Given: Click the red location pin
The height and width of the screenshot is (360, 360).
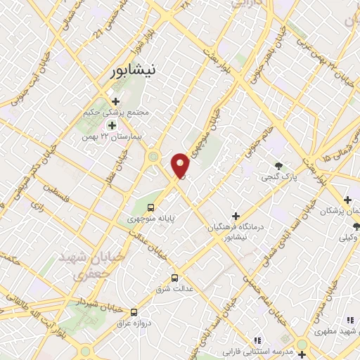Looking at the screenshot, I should coord(181,165).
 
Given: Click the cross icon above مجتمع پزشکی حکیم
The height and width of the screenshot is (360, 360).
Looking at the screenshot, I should coord(115,101).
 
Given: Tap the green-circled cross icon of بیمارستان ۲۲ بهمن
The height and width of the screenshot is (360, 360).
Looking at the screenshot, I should coord(111,125).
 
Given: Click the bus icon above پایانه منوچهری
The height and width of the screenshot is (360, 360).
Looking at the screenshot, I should coord(150,207).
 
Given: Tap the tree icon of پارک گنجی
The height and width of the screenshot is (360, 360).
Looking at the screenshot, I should coord(280,166).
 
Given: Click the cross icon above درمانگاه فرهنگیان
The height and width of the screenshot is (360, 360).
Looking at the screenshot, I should coord(236,216).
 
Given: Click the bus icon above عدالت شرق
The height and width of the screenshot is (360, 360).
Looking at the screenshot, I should coord(174,277).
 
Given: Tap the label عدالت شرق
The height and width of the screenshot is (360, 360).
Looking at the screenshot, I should coord(188,288).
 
